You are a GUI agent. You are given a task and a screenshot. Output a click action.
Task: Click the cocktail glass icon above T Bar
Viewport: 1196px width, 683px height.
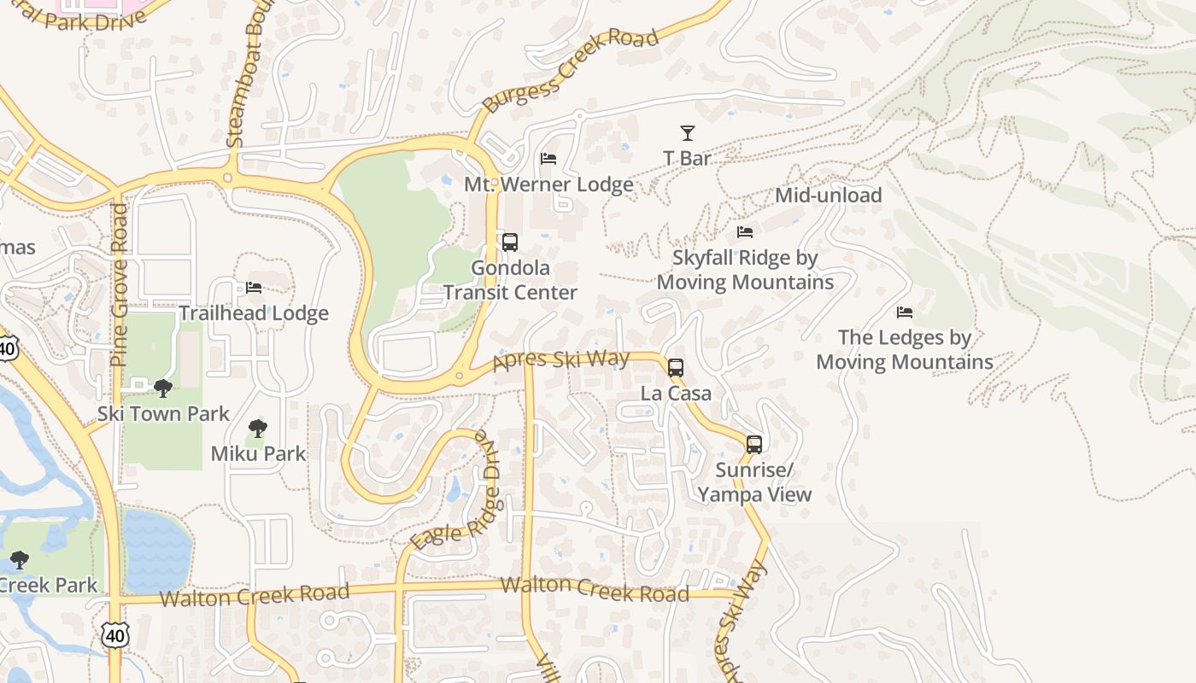[x=687, y=133]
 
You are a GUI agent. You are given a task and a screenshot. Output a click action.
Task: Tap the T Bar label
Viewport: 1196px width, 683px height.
[x=687, y=158]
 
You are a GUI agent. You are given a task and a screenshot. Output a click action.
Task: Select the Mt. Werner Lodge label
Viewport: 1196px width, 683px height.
[x=548, y=184]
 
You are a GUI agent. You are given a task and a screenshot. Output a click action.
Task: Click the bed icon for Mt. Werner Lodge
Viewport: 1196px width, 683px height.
[x=548, y=159]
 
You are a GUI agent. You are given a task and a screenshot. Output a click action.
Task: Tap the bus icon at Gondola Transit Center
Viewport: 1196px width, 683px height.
[x=510, y=242]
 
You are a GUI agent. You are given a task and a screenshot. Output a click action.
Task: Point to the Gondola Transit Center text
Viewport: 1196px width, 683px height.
[x=510, y=280]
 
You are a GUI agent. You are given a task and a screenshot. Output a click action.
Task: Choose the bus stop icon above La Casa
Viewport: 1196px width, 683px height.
[x=676, y=368]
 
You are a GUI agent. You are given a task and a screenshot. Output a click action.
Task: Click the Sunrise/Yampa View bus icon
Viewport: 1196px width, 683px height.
[x=754, y=445]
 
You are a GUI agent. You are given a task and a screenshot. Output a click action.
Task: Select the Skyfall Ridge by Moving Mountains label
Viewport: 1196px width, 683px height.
[x=745, y=270]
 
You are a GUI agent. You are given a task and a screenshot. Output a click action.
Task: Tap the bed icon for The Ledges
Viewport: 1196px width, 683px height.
[x=905, y=312]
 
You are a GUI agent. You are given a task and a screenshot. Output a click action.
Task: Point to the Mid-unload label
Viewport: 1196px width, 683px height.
[x=828, y=196]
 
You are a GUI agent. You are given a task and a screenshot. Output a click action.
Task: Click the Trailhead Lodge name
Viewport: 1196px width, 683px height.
[x=254, y=313]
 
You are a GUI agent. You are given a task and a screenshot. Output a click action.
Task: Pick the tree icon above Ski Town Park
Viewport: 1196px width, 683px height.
[x=163, y=389]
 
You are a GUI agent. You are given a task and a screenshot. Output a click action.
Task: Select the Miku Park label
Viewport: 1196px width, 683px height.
[x=258, y=453]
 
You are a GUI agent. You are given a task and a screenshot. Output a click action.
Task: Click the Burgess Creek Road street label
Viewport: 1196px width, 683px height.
[x=570, y=70]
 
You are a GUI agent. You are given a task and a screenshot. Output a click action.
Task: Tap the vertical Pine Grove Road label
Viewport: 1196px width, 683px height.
[x=119, y=284]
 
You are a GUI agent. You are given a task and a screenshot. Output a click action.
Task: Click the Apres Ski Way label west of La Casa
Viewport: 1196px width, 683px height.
[x=561, y=360]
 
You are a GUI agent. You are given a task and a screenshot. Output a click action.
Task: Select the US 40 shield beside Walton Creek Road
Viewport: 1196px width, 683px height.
[x=115, y=634]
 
